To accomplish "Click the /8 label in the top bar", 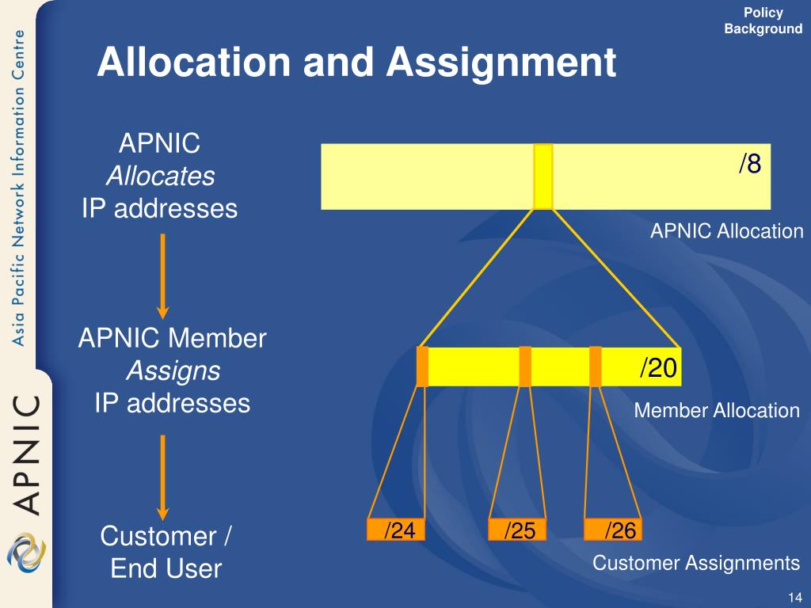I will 750,164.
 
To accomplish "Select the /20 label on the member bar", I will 659,368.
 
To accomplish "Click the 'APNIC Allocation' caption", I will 726,231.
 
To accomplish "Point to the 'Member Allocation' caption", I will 717,410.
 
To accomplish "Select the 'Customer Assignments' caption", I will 696,563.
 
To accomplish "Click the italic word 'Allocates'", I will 160,176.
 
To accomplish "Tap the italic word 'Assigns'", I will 172,370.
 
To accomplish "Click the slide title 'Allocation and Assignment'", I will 356,63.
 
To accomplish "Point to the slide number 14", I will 795,596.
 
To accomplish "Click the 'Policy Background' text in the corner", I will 763,21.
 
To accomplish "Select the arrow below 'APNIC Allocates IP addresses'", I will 162,274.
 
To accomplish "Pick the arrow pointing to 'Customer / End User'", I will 162,474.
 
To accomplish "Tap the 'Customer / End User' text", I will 166,552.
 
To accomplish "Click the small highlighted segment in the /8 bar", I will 543,177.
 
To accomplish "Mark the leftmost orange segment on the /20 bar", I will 422,367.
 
